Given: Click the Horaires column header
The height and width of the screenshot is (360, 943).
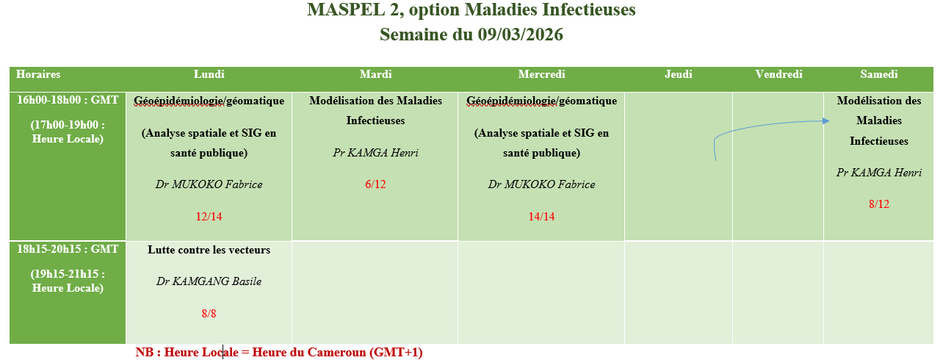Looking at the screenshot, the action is [38, 74].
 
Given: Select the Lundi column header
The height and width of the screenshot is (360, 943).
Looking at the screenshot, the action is [209, 74].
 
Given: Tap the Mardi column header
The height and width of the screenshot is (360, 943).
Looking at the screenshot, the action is [375, 74].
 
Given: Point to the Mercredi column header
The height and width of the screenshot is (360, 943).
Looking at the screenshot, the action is [541, 74].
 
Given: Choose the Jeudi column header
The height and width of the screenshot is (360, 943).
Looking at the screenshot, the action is [678, 74].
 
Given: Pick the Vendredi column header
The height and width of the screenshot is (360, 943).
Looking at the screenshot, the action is [778, 74].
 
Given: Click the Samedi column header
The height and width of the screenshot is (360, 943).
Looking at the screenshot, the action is [878, 74].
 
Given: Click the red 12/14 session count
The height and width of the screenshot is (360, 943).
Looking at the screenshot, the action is [209, 217].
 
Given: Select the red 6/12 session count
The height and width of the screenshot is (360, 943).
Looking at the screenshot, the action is [375, 184].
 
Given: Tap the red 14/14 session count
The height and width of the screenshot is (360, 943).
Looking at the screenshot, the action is [541, 217].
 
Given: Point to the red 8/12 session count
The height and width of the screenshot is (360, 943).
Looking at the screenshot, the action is [879, 204].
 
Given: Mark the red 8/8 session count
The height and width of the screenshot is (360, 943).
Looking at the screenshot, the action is [209, 313].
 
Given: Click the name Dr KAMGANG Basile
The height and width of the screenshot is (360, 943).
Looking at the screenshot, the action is [209, 281].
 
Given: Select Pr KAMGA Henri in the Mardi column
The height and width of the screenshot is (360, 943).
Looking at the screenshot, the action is [375, 152].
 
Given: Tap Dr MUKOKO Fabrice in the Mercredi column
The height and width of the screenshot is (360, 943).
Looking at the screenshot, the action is [541, 184].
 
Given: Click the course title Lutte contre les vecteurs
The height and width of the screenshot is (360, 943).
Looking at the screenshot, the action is [209, 250].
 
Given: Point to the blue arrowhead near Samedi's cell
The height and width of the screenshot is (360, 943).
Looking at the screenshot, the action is [826, 120].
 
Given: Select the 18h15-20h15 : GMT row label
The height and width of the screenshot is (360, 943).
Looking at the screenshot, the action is [68, 249].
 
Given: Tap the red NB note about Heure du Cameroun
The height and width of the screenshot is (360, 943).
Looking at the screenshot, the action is [278, 352].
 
